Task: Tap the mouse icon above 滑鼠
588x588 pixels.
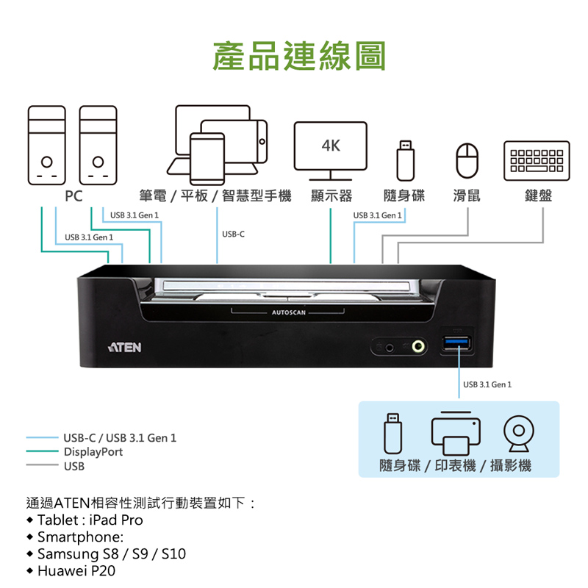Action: click(x=467, y=160)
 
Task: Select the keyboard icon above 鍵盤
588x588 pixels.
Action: click(x=537, y=161)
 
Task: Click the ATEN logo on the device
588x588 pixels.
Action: click(x=125, y=347)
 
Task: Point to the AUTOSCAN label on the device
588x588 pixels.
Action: click(x=288, y=312)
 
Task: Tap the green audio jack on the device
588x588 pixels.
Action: click(x=418, y=346)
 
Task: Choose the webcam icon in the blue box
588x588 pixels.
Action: click(x=519, y=433)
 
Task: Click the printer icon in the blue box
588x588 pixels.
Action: click(x=456, y=433)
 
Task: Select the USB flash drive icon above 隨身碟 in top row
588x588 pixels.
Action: click(x=406, y=160)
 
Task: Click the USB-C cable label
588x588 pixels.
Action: click(x=233, y=234)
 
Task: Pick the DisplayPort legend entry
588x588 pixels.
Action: click(x=93, y=452)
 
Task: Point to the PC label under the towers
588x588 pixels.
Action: click(x=73, y=196)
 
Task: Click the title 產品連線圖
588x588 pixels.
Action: click(x=299, y=56)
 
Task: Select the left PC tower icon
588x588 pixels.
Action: click(x=47, y=145)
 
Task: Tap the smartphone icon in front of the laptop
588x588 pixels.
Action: click(x=207, y=159)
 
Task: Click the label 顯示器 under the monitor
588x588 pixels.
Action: click(x=331, y=196)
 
